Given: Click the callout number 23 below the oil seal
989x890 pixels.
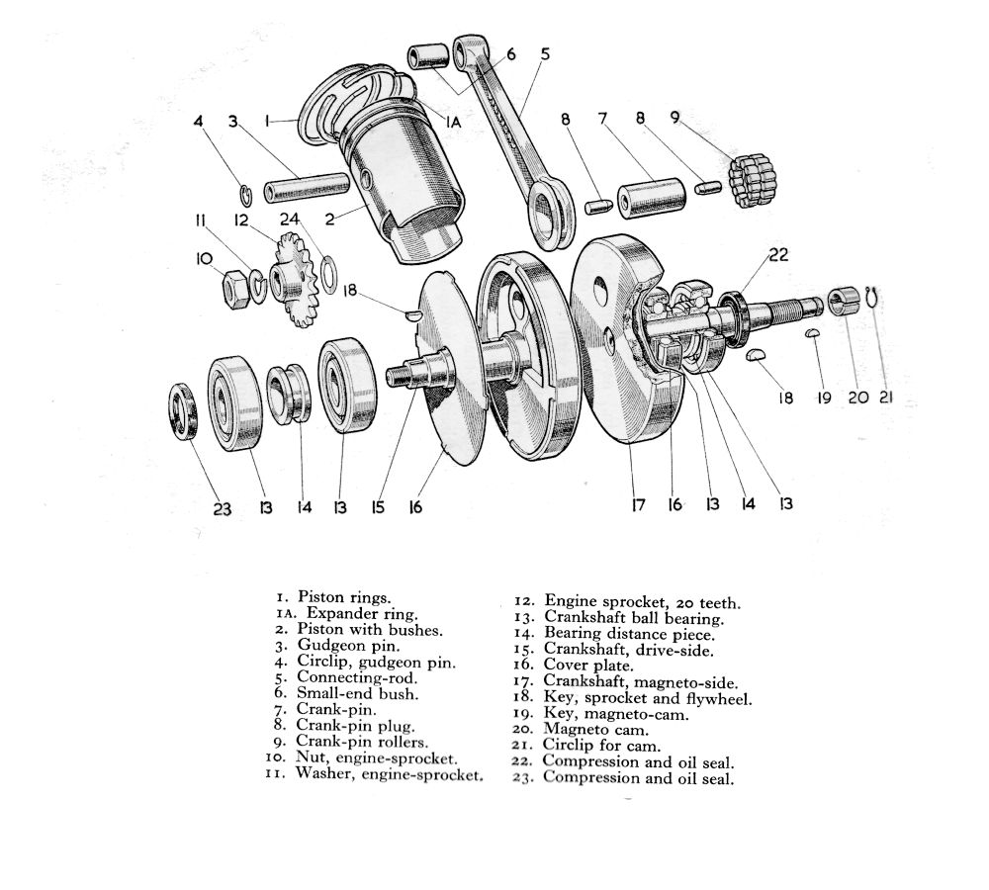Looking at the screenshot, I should [x=222, y=508].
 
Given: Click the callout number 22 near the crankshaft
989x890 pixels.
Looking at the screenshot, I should [x=778, y=254].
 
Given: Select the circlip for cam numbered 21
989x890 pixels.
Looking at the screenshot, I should [x=871, y=296].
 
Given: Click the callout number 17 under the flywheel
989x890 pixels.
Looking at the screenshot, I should [x=638, y=505].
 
